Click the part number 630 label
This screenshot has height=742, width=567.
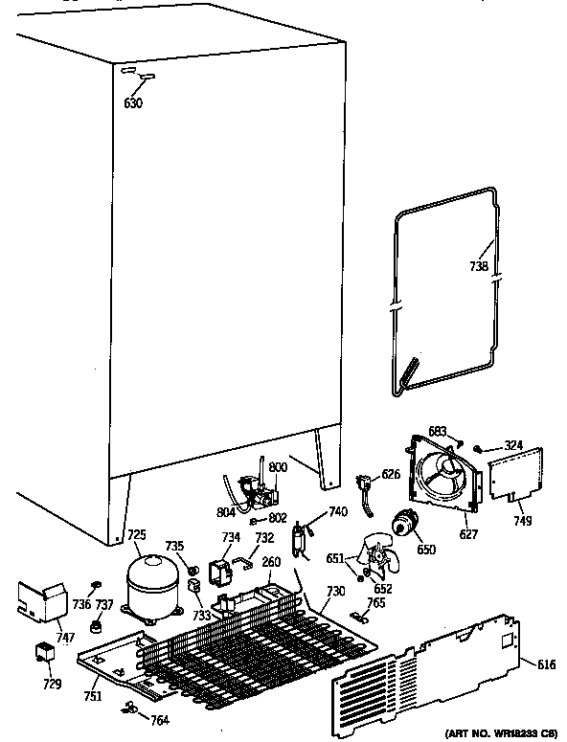(134, 102)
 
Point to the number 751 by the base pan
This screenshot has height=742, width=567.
(92, 696)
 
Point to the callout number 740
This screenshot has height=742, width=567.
(337, 513)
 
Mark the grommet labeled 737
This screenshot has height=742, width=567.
(96, 628)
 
